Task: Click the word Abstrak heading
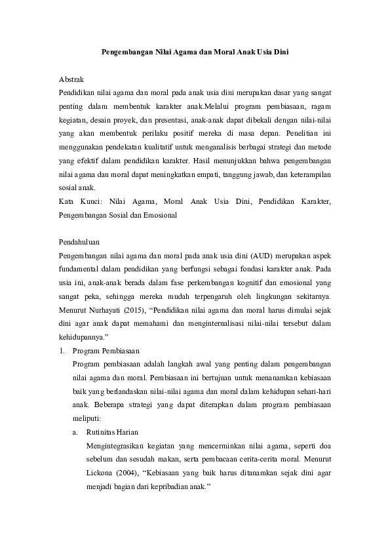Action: click(71, 79)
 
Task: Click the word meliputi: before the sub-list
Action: click(88, 418)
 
